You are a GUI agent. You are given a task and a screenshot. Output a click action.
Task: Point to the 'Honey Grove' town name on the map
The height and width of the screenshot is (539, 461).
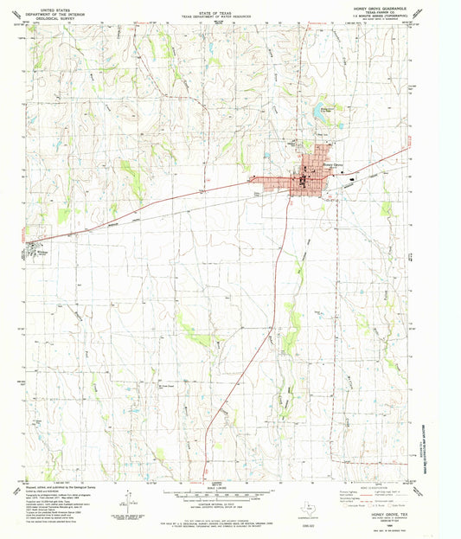333,164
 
